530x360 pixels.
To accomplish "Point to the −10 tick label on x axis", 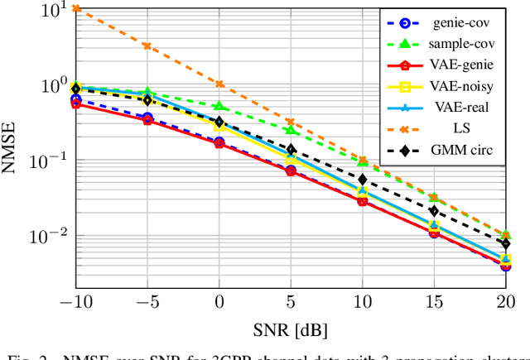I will coord(72,300).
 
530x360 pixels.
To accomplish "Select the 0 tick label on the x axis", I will coord(219,300).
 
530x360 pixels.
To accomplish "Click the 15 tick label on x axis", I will coord(433,300).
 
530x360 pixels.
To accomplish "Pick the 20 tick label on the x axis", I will coord(505,300).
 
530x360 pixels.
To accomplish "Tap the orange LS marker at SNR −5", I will coord(147,46).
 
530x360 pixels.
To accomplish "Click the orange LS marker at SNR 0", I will coord(219,84).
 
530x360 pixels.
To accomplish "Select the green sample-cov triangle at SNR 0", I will coord(219,106).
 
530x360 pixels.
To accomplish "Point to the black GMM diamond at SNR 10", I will coord(362,179).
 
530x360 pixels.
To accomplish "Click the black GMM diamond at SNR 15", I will coord(433,211).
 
